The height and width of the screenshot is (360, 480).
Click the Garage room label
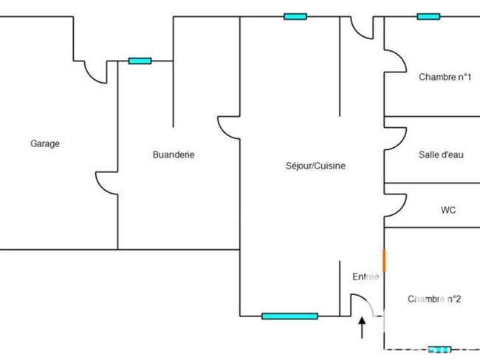pyautogui.click(x=45, y=143)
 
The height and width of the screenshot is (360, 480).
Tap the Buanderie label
pyautogui.click(x=174, y=154)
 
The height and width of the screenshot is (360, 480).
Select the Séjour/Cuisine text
pyautogui.click(x=315, y=166)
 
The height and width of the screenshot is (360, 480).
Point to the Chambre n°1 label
pyautogui.click(x=445, y=77)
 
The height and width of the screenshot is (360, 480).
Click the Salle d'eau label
pyautogui.click(x=441, y=154)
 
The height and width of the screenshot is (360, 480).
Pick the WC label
pyautogui.click(x=448, y=210)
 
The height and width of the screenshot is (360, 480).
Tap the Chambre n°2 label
pyautogui.click(x=434, y=299)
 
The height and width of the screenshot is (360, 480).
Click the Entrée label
pyautogui.click(x=366, y=276)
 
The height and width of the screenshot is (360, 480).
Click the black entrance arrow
pyautogui.click(x=362, y=327)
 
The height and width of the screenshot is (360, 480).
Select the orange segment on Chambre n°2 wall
pyautogui.click(x=384, y=260)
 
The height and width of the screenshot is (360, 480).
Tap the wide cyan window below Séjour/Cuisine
pyautogui.click(x=289, y=316)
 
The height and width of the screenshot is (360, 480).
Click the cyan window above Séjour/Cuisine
pyautogui.click(x=295, y=16)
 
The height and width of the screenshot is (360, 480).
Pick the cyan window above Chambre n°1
pyautogui.click(x=428, y=16)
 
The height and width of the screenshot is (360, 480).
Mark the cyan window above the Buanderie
pyautogui.click(x=140, y=61)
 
